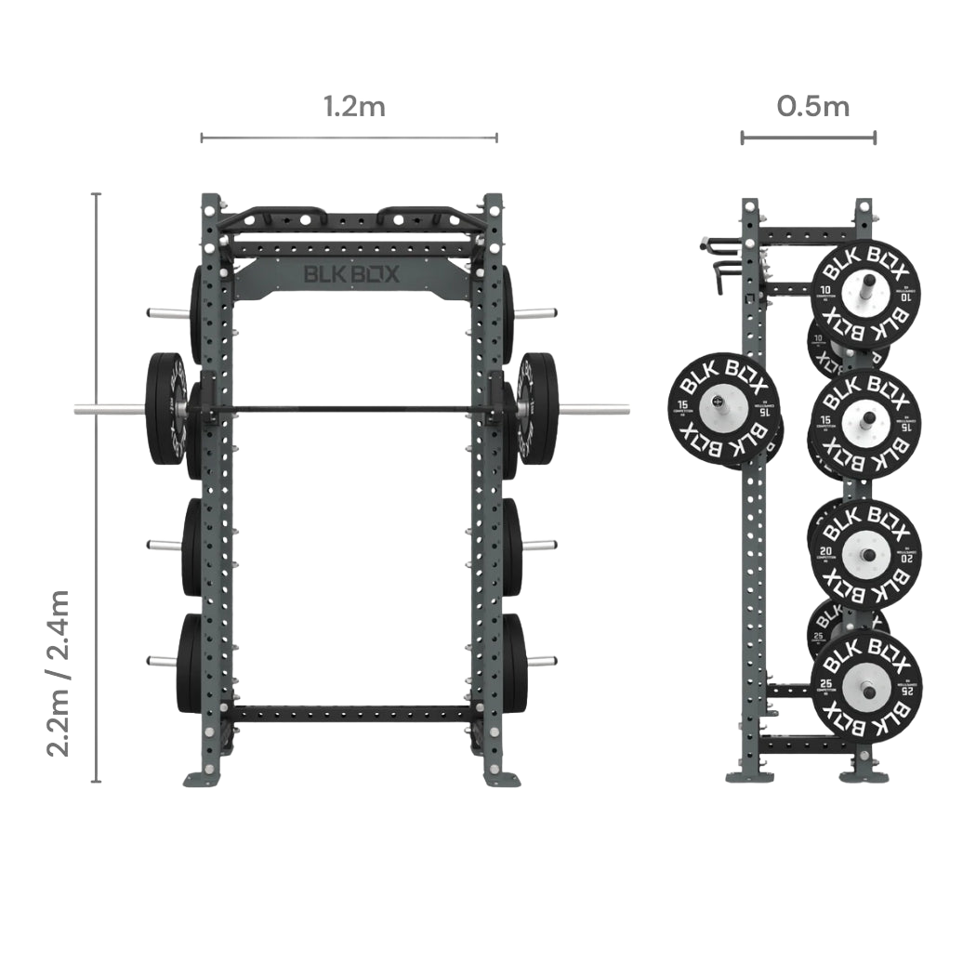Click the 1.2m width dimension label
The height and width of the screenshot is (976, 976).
(354, 106)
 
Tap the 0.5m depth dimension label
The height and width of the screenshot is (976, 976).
(813, 106)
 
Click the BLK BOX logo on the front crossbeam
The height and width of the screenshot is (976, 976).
(352, 274)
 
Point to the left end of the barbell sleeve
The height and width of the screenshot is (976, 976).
(84, 409)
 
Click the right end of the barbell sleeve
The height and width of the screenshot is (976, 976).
(621, 409)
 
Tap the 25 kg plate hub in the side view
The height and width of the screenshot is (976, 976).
(866, 689)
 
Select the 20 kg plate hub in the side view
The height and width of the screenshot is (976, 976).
(866, 555)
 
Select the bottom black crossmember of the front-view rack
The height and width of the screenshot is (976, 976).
(352, 714)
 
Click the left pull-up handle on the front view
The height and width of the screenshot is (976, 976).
(270, 216)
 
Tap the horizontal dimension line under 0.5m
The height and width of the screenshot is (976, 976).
(808, 138)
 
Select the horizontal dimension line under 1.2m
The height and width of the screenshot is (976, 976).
(349, 138)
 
